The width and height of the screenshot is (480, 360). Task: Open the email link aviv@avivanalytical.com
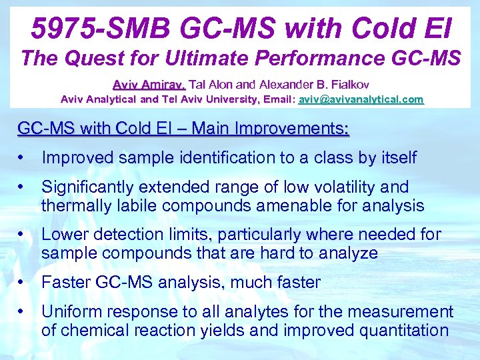point(361,99)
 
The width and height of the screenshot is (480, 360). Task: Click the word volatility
point(357,187)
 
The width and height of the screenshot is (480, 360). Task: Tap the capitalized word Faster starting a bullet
point(64,283)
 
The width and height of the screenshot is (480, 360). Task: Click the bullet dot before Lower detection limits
point(23,235)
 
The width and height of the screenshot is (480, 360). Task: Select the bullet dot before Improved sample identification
point(23,158)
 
